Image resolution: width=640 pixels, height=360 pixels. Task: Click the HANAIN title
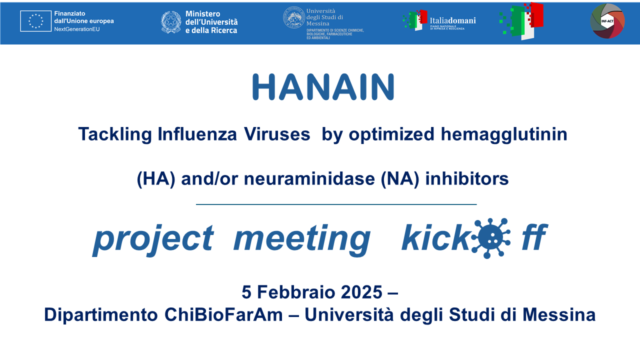click(x=323, y=87)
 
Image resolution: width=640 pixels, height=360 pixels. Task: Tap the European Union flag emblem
click(x=35, y=21)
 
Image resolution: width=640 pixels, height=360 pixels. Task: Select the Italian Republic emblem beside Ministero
click(x=171, y=22)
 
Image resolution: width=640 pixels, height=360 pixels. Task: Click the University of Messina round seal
click(x=293, y=17)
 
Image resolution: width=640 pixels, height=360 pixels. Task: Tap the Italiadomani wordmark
click(x=452, y=20)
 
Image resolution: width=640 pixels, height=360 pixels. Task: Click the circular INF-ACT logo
click(x=607, y=21)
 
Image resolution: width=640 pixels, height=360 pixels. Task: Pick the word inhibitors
click(x=466, y=178)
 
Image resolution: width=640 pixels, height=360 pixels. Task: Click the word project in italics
click(x=153, y=239)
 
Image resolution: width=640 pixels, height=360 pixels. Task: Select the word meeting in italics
click(x=302, y=239)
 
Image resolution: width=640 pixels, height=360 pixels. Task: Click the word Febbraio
click(x=291, y=291)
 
